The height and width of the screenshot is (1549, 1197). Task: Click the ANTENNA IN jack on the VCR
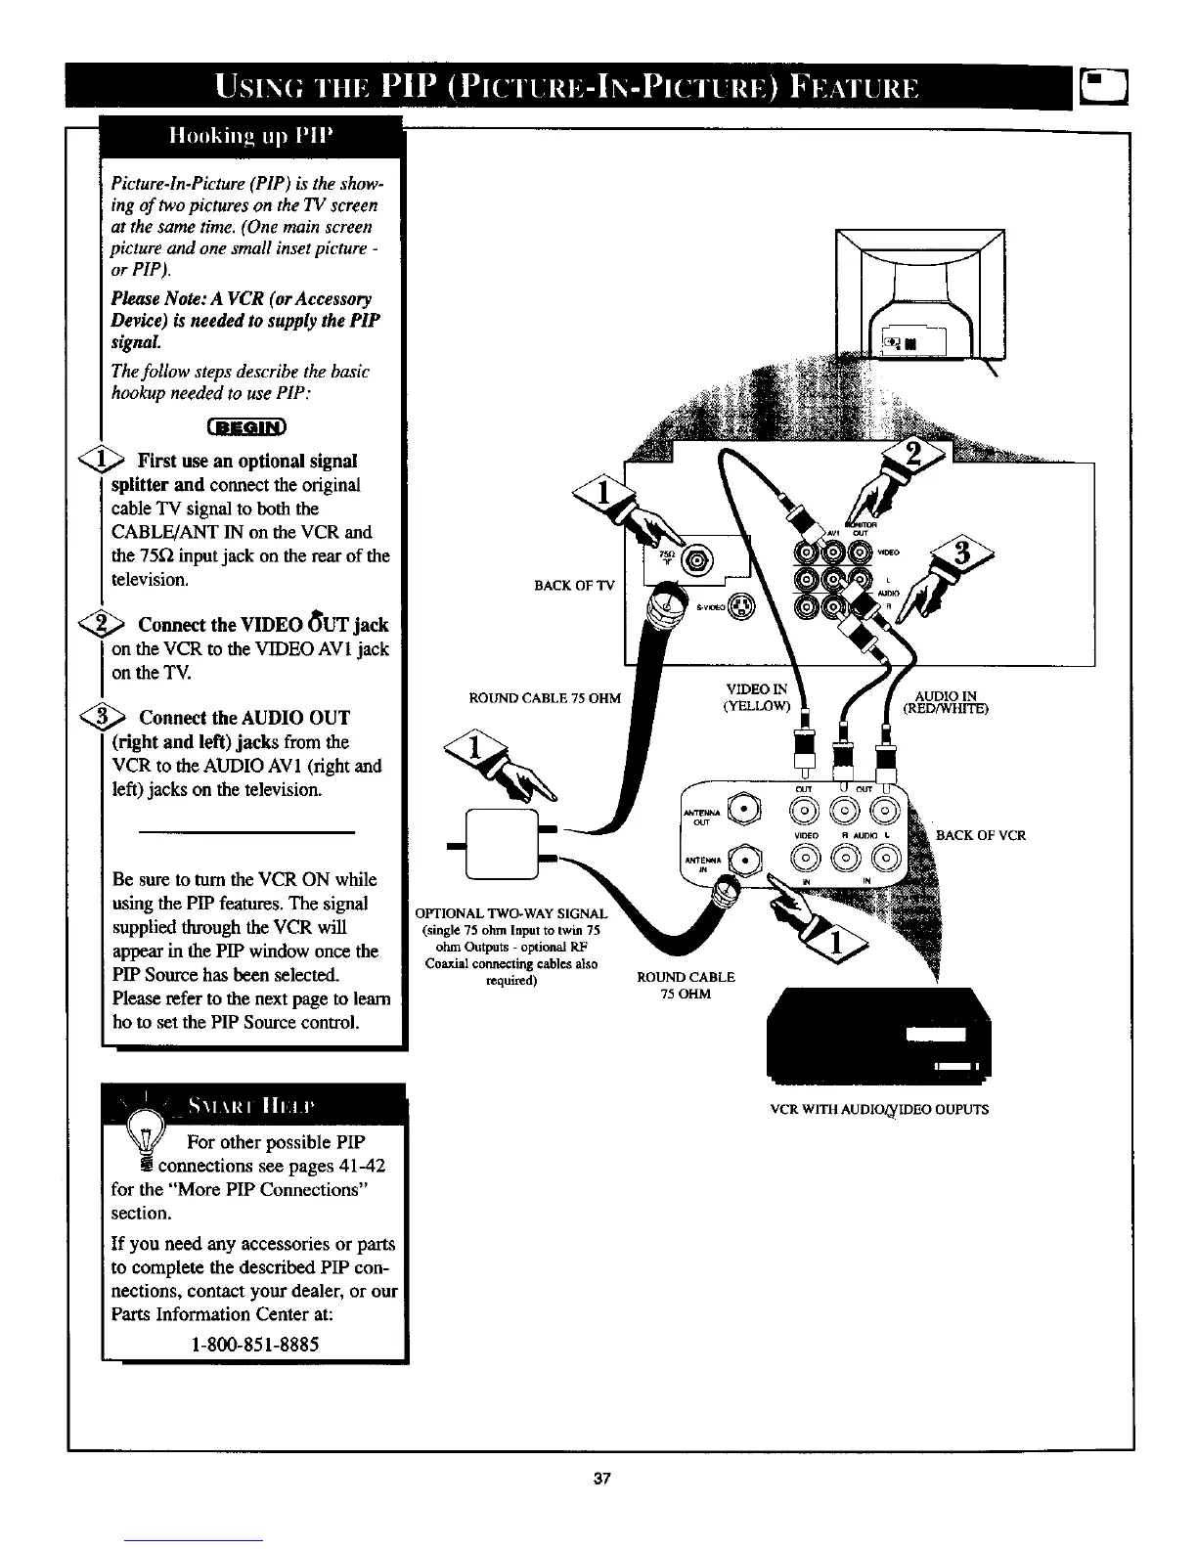[747, 863]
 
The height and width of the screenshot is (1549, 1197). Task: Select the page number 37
[601, 1479]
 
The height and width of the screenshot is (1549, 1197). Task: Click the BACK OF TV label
[574, 586]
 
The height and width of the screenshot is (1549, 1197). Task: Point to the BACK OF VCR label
[981, 835]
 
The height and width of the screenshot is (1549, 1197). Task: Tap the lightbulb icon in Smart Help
[148, 1139]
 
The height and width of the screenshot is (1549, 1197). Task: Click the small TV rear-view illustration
[919, 293]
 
